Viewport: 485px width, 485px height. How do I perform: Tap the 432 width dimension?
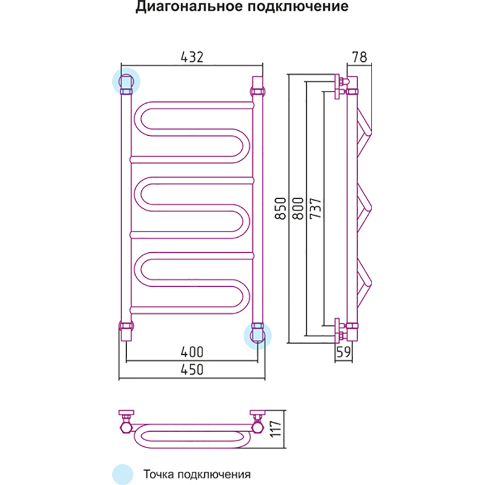tap(192, 57)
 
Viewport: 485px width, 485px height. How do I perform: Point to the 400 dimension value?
tap(192, 352)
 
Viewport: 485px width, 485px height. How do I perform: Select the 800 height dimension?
tap(298, 209)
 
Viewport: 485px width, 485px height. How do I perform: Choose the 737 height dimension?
tap(315, 209)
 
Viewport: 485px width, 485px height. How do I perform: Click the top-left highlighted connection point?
tap(126, 82)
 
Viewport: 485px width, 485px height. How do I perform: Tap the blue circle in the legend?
tap(122, 473)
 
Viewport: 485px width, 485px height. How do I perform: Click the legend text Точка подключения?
tap(197, 473)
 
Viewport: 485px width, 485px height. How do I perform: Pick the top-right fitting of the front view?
tap(257, 85)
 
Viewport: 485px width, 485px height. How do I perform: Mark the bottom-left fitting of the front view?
tap(126, 331)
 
